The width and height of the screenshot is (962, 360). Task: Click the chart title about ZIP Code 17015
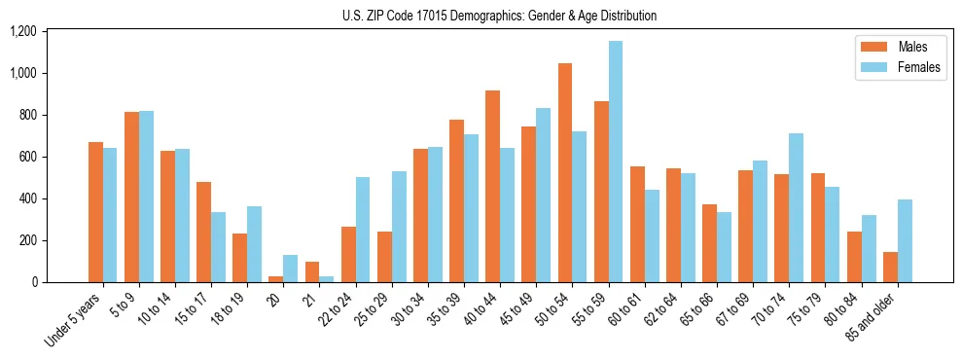[499, 16]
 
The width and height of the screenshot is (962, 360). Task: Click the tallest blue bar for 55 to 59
[616, 162]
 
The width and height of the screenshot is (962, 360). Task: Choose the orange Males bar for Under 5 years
[95, 212]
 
